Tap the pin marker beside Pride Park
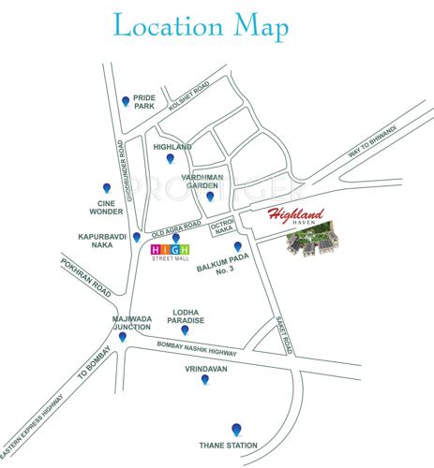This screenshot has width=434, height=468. click(x=127, y=101)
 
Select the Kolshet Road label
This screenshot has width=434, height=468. click(x=185, y=96)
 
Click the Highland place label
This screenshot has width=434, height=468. click(x=172, y=148)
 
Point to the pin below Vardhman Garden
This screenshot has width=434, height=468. click(x=210, y=197)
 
